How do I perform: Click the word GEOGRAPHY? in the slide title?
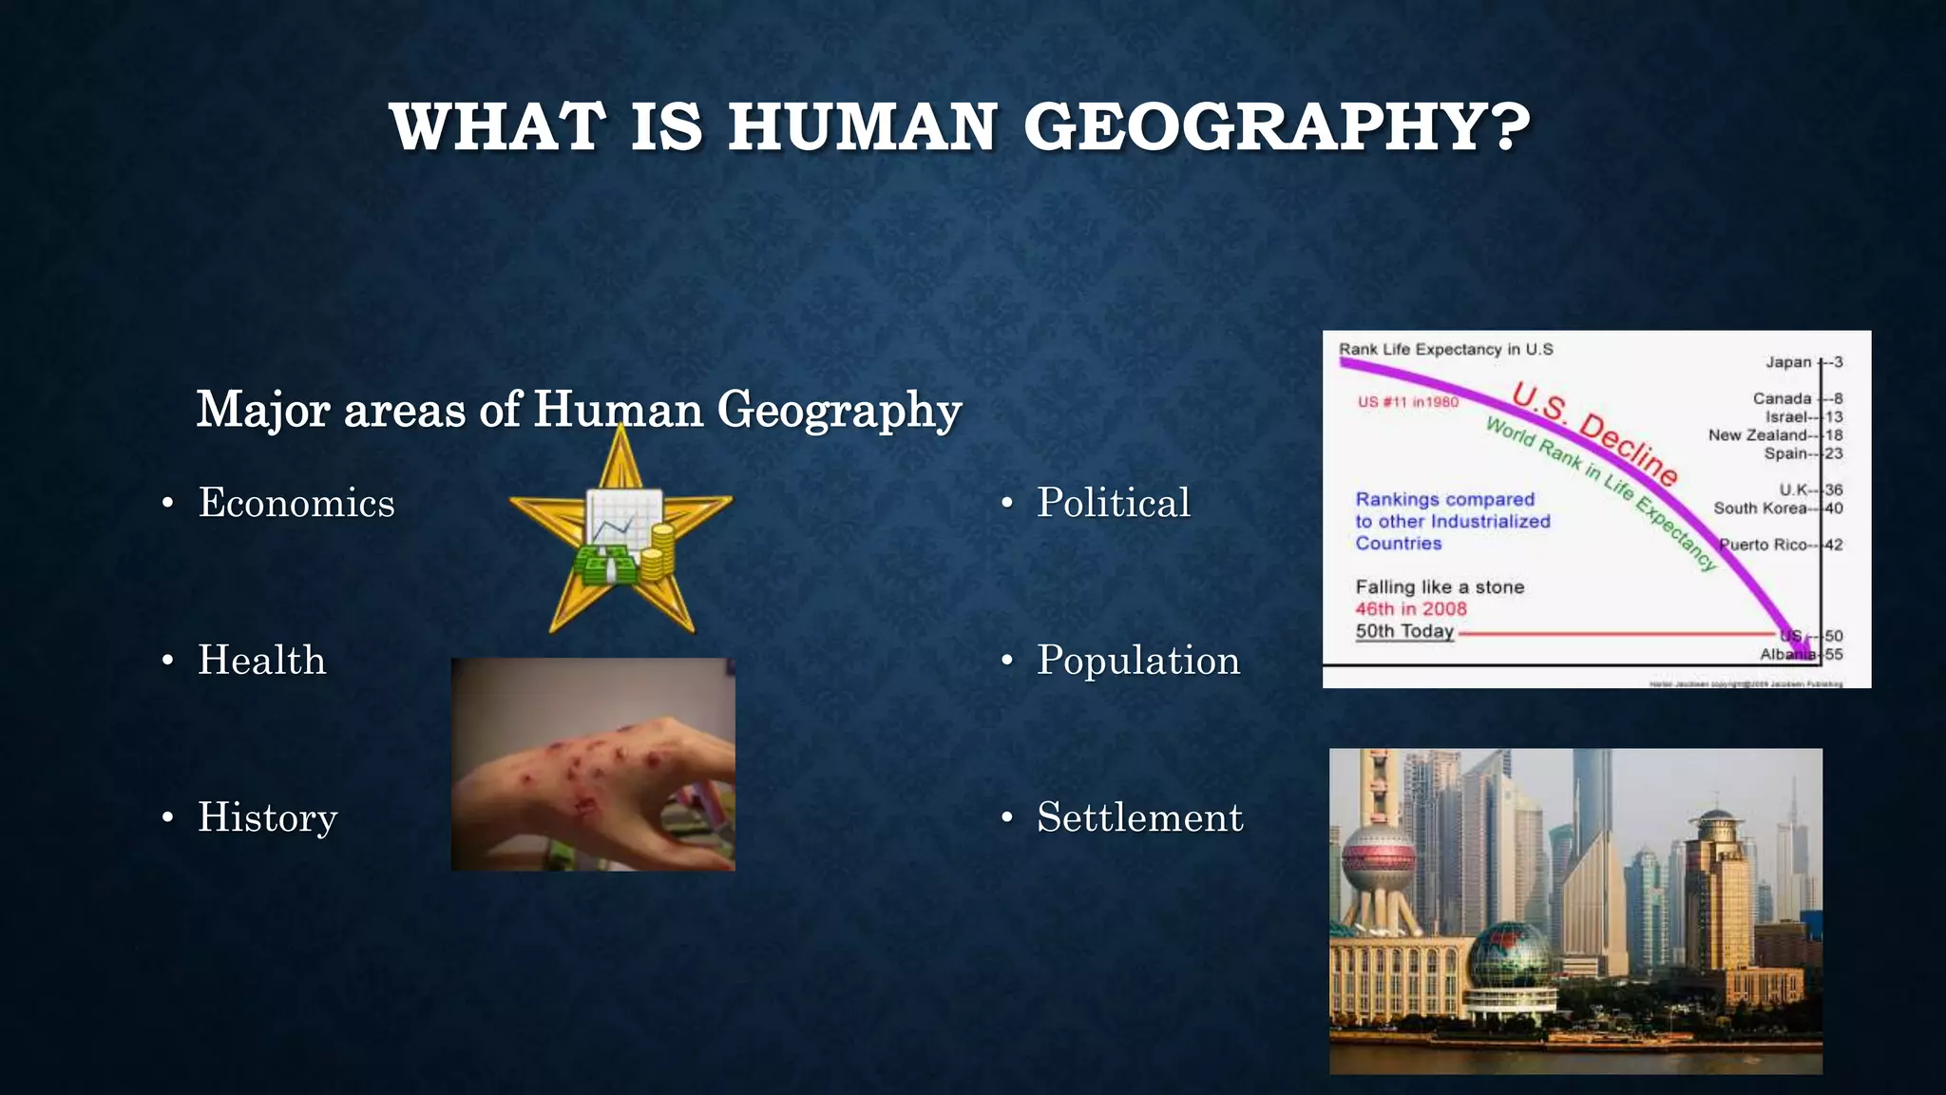pos(1276,127)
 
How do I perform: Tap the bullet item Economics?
pos(296,503)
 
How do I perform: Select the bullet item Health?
pos(261,661)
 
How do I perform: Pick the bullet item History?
pos(267,817)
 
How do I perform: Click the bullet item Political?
pos(1113,503)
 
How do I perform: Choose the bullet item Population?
pos(1137,661)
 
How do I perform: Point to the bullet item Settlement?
pos(1139,817)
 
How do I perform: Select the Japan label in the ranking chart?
pos(1788,362)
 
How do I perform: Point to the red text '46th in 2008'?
pos(1411,609)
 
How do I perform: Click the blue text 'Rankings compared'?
pos(1444,500)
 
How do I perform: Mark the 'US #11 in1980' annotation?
pos(1407,402)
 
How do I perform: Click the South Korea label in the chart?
pos(1760,509)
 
